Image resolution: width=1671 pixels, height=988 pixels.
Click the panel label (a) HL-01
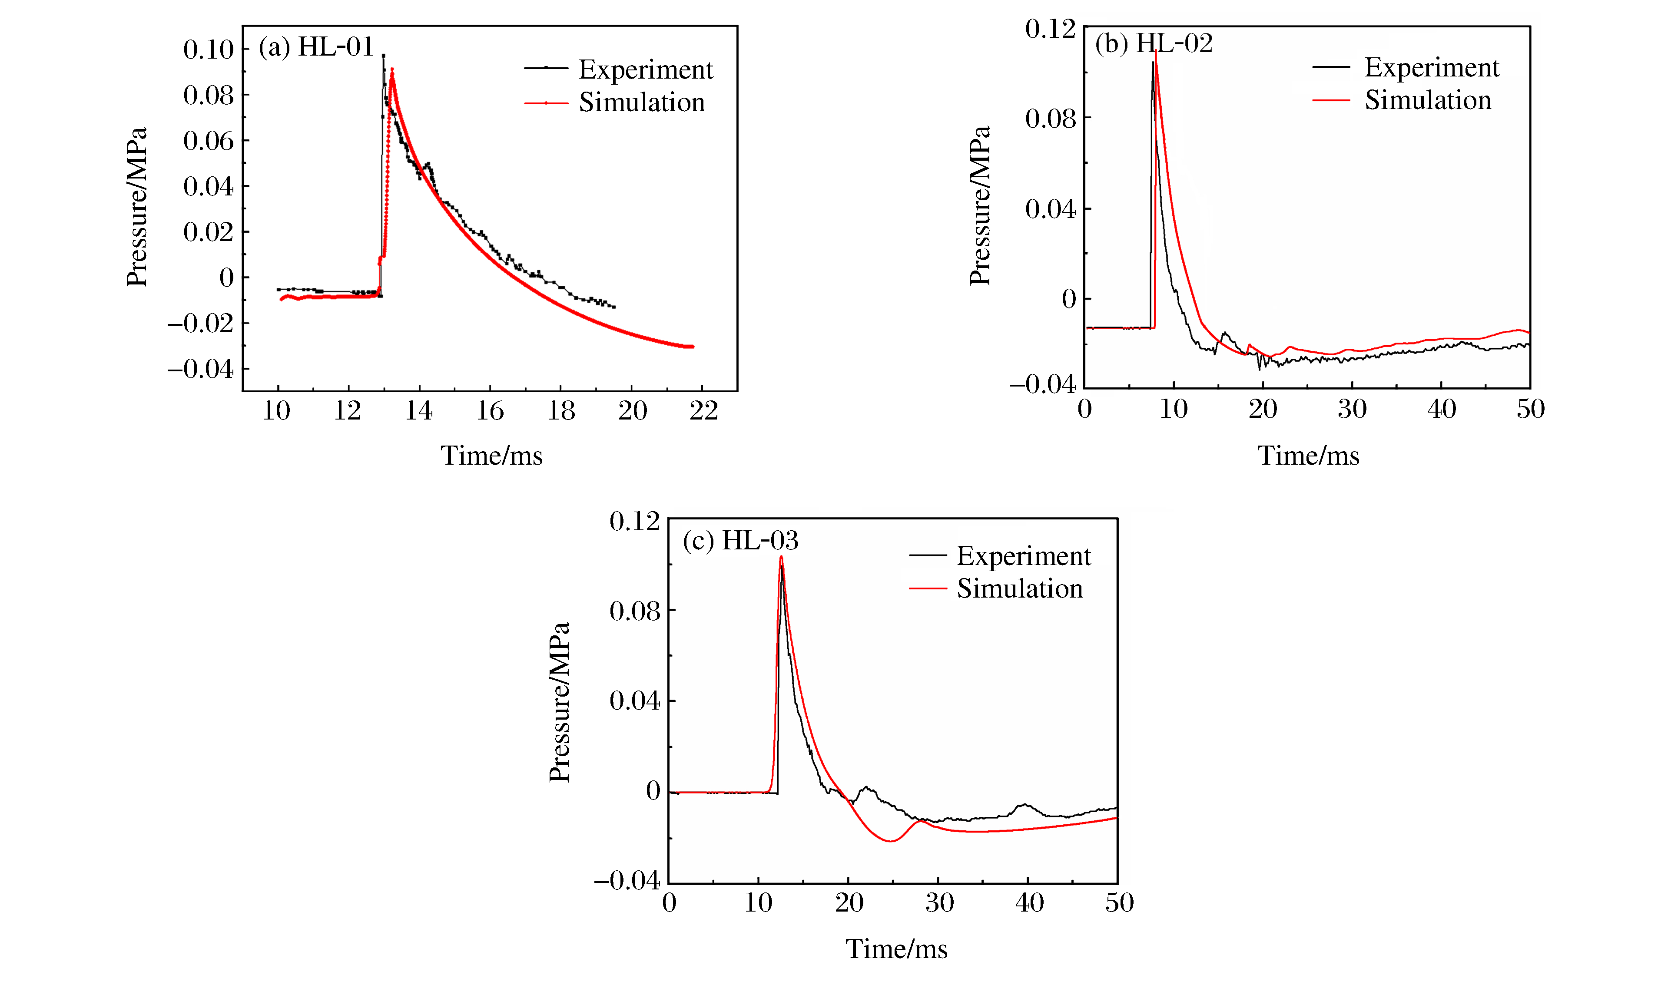(316, 47)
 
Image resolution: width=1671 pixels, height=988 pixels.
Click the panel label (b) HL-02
(1154, 44)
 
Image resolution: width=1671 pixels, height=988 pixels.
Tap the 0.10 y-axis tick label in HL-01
(209, 50)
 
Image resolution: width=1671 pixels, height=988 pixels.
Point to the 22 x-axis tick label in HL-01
(703, 411)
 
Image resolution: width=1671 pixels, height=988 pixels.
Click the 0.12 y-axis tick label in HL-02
(1050, 29)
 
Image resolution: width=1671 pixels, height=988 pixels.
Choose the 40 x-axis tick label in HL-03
(1029, 903)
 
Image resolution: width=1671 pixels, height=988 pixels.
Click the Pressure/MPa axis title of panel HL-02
(980, 206)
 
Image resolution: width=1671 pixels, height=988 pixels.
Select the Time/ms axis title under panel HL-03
(896, 949)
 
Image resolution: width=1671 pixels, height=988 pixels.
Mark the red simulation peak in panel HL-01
(392, 69)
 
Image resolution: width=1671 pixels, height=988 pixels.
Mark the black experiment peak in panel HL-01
(383, 56)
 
